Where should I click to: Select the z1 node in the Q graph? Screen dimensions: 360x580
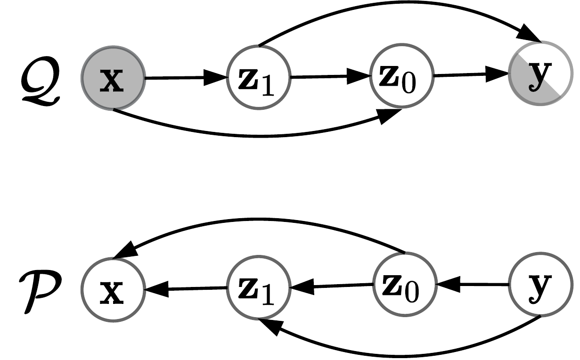coord(258,78)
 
